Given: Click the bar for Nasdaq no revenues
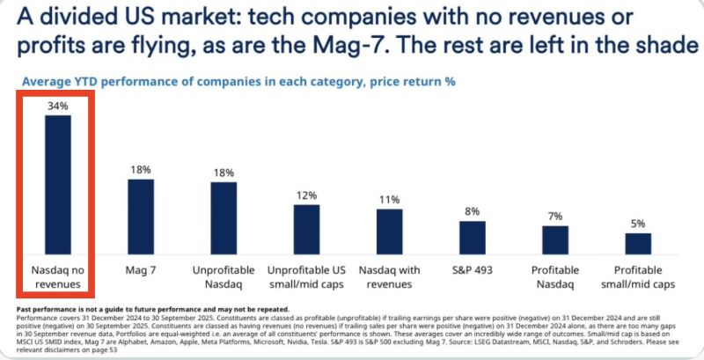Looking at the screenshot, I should click(58, 184).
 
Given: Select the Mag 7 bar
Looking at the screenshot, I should click(141, 216).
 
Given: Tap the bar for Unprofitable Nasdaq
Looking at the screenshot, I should click(224, 217).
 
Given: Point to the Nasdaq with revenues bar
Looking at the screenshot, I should click(389, 231).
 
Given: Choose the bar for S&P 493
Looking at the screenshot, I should click(472, 237).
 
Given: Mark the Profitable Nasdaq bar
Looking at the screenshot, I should click(554, 239).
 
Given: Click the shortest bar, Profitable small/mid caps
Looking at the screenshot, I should click(637, 242).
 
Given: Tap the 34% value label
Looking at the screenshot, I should click(58, 106).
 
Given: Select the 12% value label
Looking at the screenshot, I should click(306, 195).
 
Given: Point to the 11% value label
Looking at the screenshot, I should click(389, 200).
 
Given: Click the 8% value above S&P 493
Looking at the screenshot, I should click(472, 211).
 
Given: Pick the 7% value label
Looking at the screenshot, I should click(554, 217).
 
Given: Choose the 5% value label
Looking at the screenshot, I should click(637, 224).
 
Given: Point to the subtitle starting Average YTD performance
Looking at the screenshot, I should click(238, 82).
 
